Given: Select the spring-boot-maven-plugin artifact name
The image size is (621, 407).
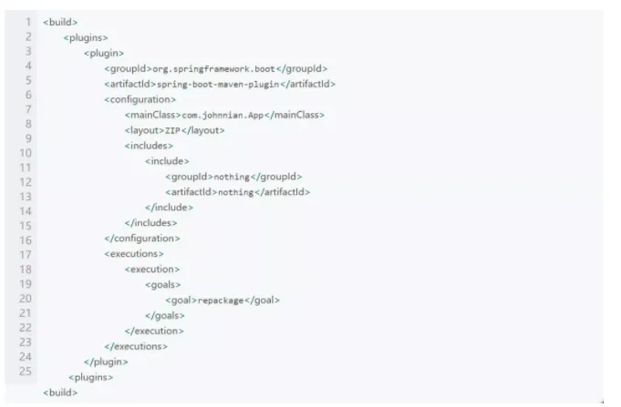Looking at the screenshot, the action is coord(215,84).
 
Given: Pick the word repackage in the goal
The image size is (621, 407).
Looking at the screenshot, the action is coord(222,300).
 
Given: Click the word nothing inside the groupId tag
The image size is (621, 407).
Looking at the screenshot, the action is coord(231,177).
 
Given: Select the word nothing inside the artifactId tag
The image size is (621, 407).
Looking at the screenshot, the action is coord(235,192).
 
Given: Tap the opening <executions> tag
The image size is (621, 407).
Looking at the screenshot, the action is coord(134,254).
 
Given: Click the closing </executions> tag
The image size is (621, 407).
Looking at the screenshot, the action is coord(137,346).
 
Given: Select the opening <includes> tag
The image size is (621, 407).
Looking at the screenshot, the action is coord(149,146).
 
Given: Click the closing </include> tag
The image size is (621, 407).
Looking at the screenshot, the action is coord(169,208).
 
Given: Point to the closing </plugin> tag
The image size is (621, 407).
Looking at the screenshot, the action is coord(105,361).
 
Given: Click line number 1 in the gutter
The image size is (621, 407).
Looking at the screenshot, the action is coord(28,21).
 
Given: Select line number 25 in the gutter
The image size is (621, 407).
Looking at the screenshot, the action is coord(26,371).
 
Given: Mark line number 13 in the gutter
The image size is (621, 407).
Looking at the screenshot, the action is coord(26,196).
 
